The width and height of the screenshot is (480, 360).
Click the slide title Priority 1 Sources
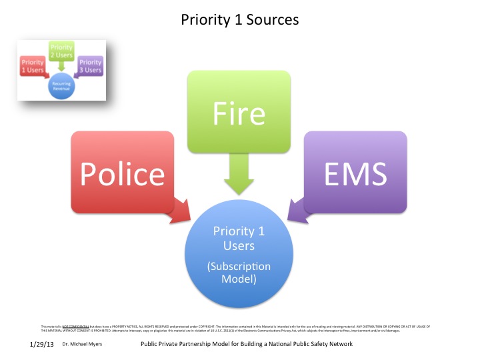point(240,20)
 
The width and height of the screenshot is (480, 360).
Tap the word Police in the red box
point(122,173)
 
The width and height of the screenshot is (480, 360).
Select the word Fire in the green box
point(239,113)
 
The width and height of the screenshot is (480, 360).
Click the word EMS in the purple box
point(355,173)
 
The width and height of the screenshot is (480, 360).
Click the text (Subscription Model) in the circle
point(239,273)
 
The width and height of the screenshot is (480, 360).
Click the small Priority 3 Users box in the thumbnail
point(90,66)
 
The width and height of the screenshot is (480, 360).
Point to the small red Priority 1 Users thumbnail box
point(33,66)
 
